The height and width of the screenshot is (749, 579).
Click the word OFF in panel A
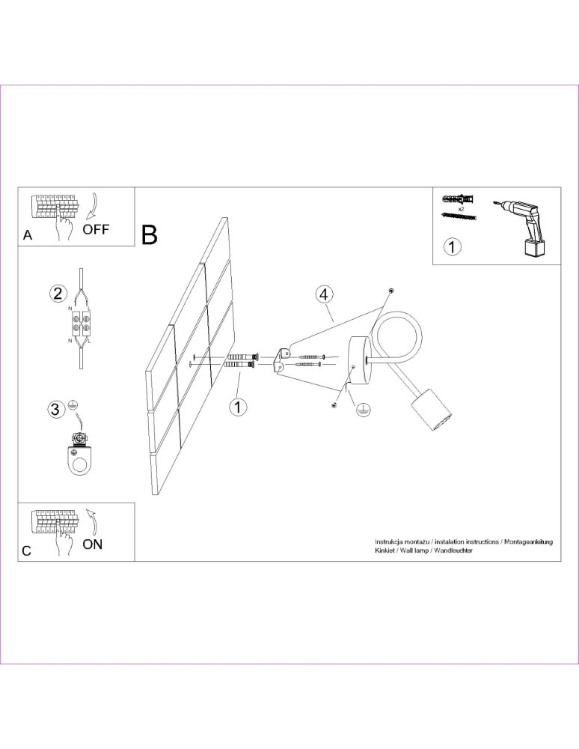pyautogui.click(x=96, y=229)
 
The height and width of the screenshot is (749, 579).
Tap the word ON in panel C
pyautogui.click(x=92, y=545)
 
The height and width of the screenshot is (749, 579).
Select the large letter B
pyautogui.click(x=150, y=235)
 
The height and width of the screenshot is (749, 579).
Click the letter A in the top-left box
pyautogui.click(x=28, y=235)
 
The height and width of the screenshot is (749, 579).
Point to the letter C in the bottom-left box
pyautogui.click(x=27, y=551)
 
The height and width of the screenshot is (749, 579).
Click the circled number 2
pyautogui.click(x=58, y=293)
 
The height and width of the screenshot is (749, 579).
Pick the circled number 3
pyautogui.click(x=55, y=409)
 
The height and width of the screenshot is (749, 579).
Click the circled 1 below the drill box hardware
pyautogui.click(x=452, y=246)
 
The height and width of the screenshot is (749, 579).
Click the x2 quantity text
pyautogui.click(x=462, y=209)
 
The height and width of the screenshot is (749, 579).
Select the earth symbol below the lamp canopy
pyautogui.click(x=361, y=410)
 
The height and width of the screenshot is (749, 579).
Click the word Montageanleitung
pyautogui.click(x=527, y=541)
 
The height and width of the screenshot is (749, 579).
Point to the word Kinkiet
pyautogui.click(x=387, y=550)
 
